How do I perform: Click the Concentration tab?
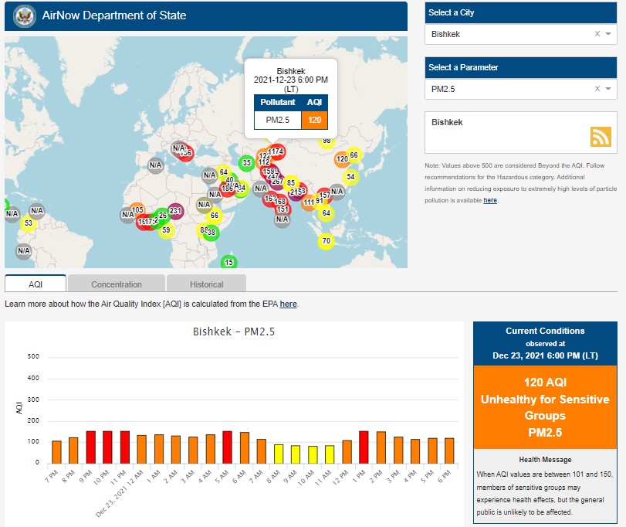coord(117,284)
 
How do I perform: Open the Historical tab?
coord(206,284)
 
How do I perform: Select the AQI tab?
coord(36,284)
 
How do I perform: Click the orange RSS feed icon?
coord(601,136)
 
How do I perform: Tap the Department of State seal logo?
coord(21,15)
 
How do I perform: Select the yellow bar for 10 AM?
coord(313,454)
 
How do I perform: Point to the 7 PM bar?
coord(56,451)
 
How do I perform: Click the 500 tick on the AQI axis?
coord(33,357)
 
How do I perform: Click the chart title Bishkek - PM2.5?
coord(233,332)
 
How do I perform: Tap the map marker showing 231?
coord(175,211)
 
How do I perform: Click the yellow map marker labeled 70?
coord(326,241)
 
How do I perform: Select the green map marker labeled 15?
coord(228,263)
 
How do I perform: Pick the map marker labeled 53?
coord(28,224)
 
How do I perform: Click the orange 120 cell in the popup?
coord(315,121)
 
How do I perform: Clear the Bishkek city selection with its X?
coord(597,34)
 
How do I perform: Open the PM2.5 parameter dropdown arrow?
coord(608,90)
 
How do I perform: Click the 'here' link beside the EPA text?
coord(288,304)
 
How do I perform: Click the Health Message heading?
coord(545,459)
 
